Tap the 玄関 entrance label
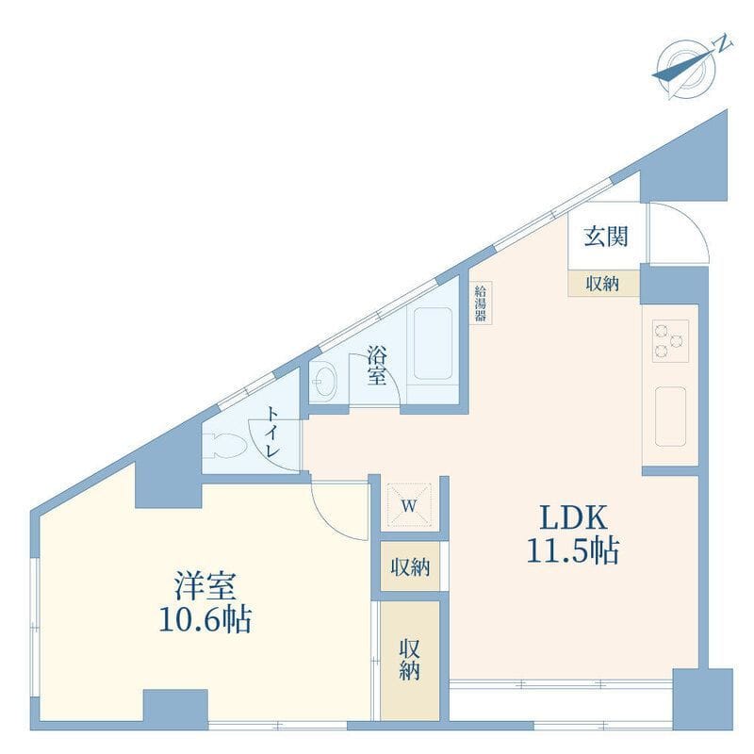(x=606, y=237)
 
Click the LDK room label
(x=573, y=517)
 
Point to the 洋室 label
(x=205, y=586)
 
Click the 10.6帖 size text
(x=205, y=619)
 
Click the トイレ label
(x=273, y=433)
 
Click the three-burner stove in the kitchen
(x=670, y=341)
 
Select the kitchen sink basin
(x=670, y=417)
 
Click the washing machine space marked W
(x=409, y=505)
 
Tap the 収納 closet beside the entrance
(x=603, y=284)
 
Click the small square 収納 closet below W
(x=410, y=566)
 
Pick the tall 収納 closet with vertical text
(x=410, y=661)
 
